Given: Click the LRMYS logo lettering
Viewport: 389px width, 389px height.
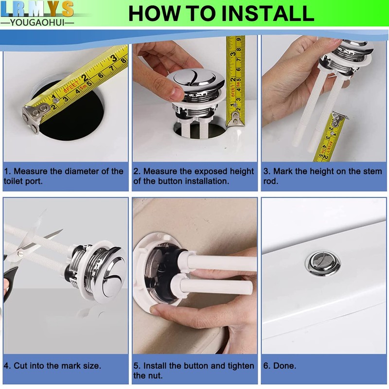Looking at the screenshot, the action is [x=37, y=9].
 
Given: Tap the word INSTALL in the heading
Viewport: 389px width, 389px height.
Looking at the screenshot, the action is [x=268, y=14].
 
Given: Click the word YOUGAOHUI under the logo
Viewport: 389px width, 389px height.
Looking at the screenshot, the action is [x=37, y=22].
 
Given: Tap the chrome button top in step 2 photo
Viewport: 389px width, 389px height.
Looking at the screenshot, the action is [x=195, y=78].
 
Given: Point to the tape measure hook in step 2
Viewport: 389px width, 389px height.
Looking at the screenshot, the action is [x=235, y=119].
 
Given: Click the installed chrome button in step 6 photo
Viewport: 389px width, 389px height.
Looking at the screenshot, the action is [x=323, y=264].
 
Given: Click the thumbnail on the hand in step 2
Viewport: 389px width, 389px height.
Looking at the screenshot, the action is [x=177, y=93].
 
